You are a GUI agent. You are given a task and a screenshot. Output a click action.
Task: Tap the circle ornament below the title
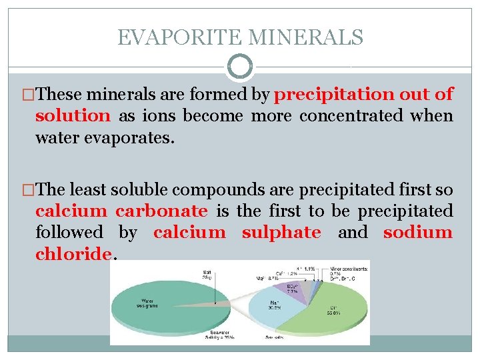pyautogui.click(x=240, y=67)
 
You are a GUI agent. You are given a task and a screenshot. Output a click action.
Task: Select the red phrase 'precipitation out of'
pyautogui.click(x=364, y=95)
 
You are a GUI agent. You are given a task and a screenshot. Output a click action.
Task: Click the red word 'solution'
pyautogui.click(x=73, y=115)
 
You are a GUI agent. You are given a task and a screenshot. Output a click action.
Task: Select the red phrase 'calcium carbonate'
pyautogui.click(x=121, y=211)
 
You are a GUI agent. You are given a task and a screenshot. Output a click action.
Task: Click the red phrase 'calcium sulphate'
pyautogui.click(x=237, y=233)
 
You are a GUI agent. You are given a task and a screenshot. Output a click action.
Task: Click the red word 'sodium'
pyautogui.click(x=418, y=233)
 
